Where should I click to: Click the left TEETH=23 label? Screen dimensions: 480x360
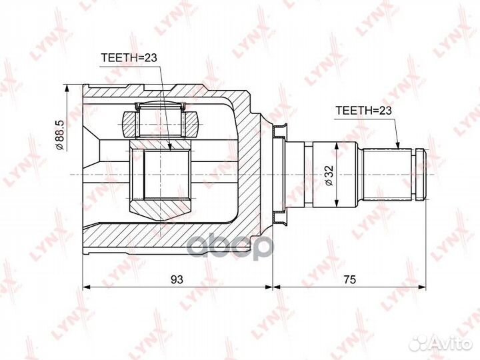coord(129,57)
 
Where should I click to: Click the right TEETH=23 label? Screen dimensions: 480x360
coord(364,111)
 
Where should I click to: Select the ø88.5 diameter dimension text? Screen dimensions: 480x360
coord(59,135)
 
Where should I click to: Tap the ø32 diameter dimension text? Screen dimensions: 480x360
coord(329,175)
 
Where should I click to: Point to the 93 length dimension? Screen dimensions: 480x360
coord(177,279)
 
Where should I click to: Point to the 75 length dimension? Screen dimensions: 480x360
coord(349,279)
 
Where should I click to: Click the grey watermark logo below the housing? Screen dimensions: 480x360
coord(230,247)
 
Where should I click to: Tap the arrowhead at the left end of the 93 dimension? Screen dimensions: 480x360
coord(87,287)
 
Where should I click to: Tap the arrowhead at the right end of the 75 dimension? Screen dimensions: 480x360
coord(422,287)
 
